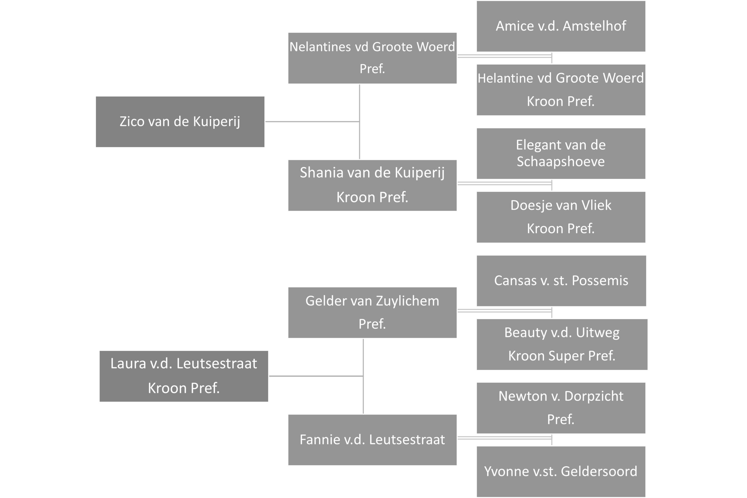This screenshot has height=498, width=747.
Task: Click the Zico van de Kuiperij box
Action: [x=180, y=122]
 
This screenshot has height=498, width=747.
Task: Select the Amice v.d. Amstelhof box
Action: [x=561, y=26]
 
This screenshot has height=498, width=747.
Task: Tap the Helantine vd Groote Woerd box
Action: [x=561, y=90]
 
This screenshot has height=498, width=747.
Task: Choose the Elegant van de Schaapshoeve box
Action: [x=561, y=153]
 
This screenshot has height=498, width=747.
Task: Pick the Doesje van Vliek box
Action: [x=561, y=217]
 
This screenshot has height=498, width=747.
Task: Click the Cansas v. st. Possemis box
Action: [x=561, y=281]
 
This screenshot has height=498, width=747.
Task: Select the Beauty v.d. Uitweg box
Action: [x=562, y=345]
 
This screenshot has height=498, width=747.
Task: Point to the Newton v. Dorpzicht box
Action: [x=561, y=408]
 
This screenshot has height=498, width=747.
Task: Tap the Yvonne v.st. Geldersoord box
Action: [x=561, y=472]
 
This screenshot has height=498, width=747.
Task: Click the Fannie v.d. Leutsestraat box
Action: [x=372, y=440]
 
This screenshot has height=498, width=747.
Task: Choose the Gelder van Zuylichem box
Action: [x=372, y=312]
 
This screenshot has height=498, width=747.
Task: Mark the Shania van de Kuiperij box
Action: [x=372, y=186]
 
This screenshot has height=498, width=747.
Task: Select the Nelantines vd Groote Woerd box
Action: [x=372, y=58]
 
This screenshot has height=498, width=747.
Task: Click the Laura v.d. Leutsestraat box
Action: [x=184, y=376]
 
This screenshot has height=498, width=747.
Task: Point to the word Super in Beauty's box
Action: [x=566, y=356]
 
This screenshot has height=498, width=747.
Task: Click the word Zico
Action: [x=132, y=121]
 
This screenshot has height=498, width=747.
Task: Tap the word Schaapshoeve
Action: [x=561, y=162]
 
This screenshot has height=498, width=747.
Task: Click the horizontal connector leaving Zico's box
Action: [x=313, y=122]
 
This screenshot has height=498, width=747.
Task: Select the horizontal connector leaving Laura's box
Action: [x=316, y=376]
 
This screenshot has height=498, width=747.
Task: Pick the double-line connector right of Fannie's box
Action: [x=505, y=438]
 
